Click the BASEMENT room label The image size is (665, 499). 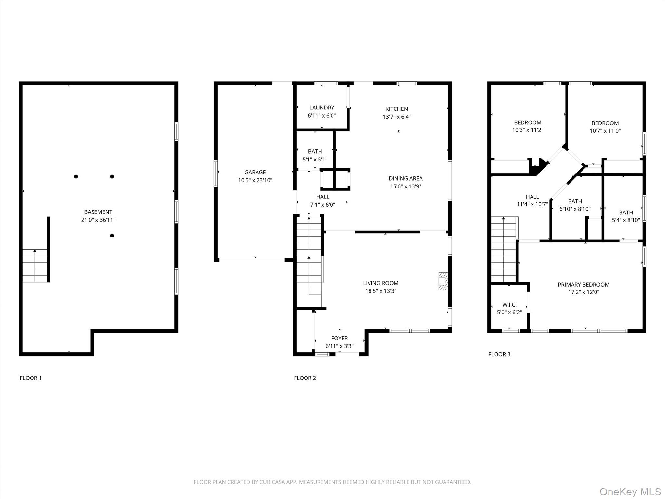(x=98, y=212)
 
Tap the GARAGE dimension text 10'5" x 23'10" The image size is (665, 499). (x=255, y=180)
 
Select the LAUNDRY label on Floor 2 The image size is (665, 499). (x=322, y=108)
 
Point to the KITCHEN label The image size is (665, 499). (x=397, y=109)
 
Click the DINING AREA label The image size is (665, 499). (x=406, y=178)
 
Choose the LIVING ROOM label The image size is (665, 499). (x=381, y=283)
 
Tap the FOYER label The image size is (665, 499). (x=340, y=338)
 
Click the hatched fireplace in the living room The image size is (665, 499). (x=443, y=281)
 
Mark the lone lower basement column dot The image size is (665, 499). (x=112, y=236)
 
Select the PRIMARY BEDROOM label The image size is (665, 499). (x=583, y=285)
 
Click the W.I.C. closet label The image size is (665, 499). (x=509, y=305)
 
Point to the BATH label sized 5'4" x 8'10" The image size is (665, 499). (x=626, y=212)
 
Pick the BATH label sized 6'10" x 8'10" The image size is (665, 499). (x=575, y=201)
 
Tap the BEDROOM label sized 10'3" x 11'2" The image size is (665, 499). (x=528, y=122)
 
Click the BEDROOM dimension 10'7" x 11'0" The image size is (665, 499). (x=605, y=131)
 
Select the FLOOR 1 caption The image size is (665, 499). (x=31, y=378)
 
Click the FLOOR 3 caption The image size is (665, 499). (x=499, y=354)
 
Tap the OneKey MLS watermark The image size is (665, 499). (x=630, y=492)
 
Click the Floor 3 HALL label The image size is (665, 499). (x=533, y=197)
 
